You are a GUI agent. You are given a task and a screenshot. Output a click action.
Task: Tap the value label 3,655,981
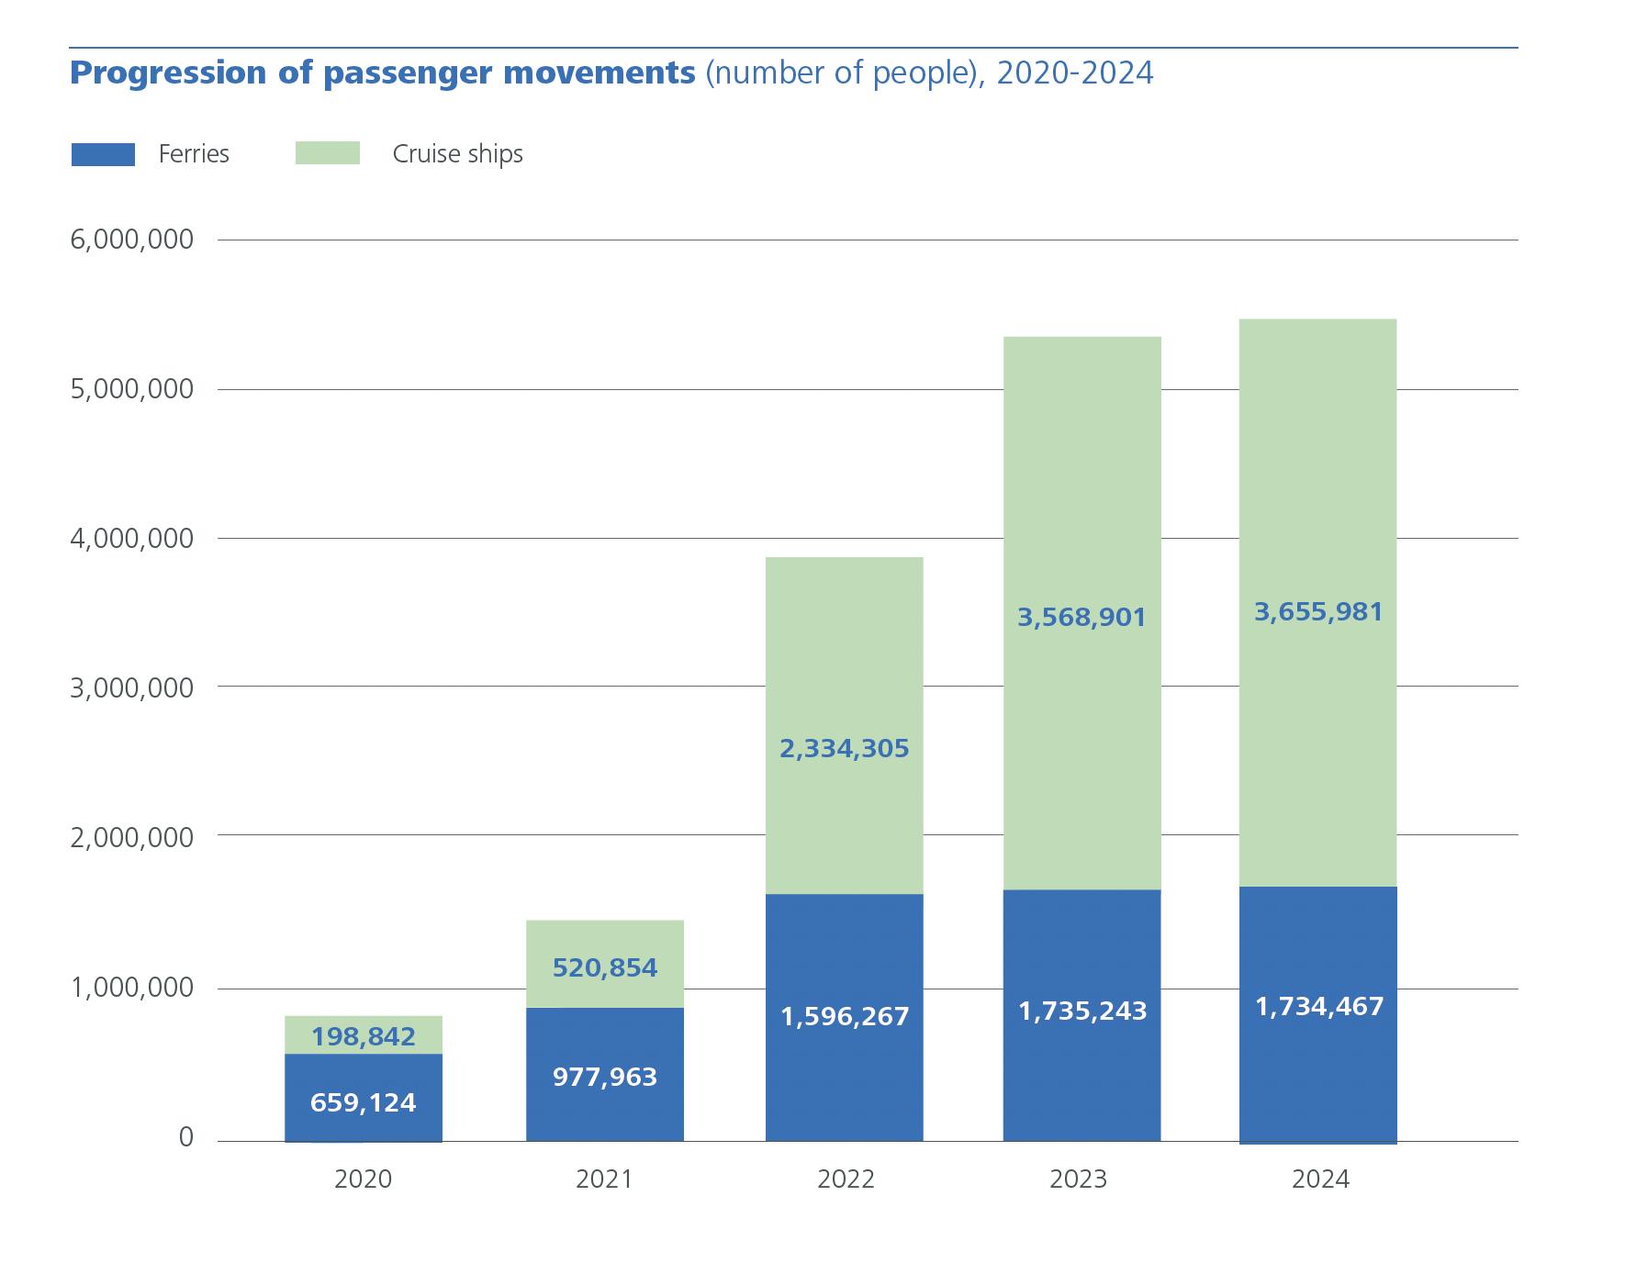point(1318,612)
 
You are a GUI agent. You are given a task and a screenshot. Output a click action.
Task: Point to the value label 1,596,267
point(845,1017)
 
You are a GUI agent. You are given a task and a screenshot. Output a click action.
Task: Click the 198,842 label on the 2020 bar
point(363,1037)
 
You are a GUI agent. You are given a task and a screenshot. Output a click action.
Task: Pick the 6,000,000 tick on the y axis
point(131,240)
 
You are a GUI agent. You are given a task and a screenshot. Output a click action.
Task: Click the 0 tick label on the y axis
point(185,1137)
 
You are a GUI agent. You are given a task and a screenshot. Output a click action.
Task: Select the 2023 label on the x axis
point(1078,1179)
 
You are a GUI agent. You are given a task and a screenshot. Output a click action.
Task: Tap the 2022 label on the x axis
point(846,1179)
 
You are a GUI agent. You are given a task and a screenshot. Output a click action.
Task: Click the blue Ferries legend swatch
point(103,154)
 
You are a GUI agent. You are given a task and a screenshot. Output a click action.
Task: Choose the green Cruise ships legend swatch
point(327,153)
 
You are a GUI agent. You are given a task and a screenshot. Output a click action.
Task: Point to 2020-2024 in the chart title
point(1074,73)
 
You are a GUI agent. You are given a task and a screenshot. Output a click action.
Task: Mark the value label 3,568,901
point(1081,618)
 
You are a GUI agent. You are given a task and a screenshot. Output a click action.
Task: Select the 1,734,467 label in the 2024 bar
point(1318,1007)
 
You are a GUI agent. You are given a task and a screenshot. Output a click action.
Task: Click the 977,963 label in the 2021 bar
point(604,1077)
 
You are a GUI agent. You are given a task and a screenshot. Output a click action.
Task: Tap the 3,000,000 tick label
point(131,687)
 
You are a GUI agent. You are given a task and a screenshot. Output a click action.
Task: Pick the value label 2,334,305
point(844,749)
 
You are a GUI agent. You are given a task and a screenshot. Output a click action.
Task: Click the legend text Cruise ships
point(457,154)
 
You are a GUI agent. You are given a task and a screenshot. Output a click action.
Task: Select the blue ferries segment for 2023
point(1081,1083)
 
